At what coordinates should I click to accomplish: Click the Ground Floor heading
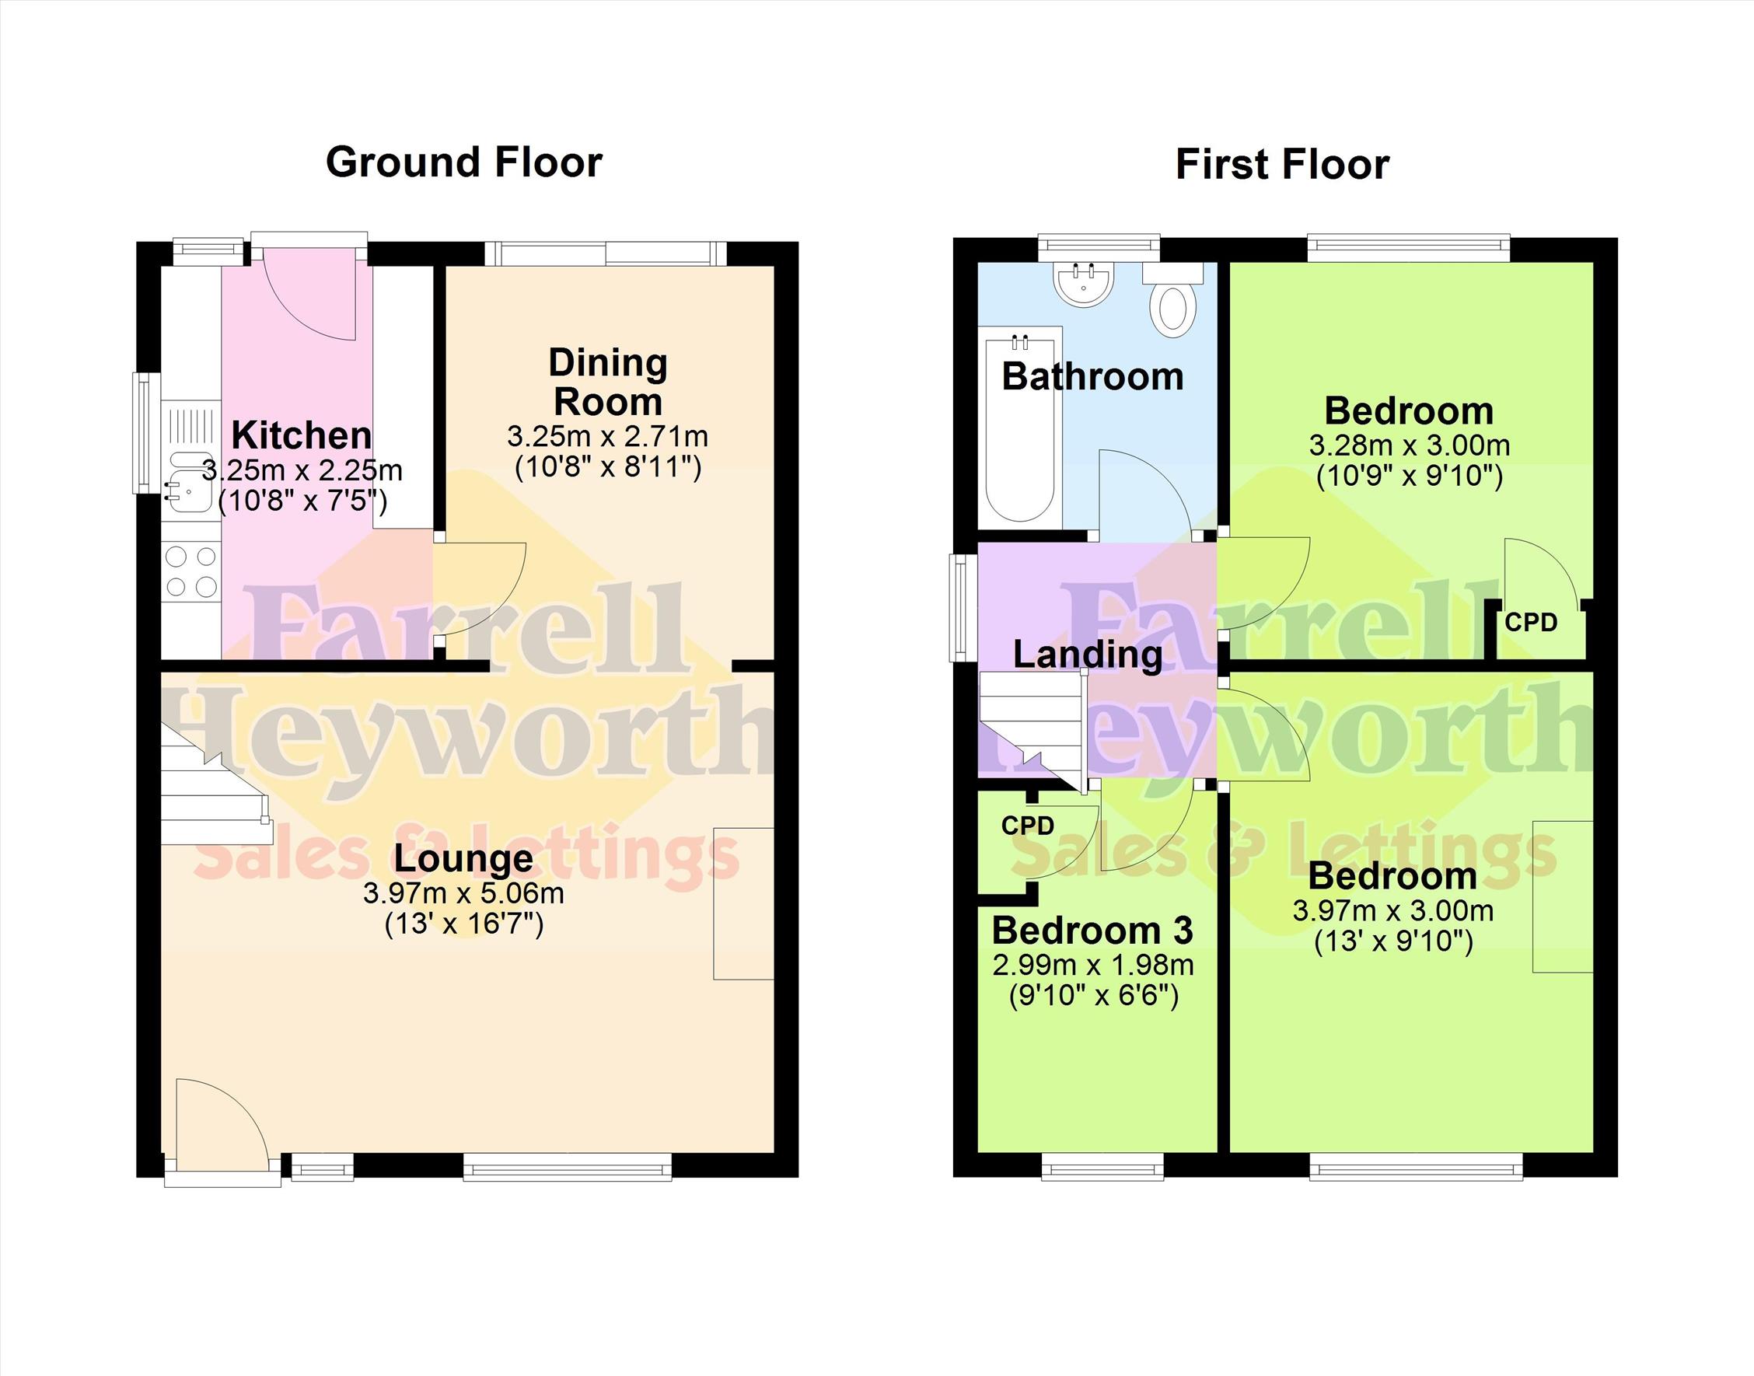pos(463,162)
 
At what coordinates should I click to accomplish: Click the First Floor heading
pos(1282,164)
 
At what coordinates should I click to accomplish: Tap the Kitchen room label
pos(302,435)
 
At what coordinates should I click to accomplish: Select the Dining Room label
pos(608,382)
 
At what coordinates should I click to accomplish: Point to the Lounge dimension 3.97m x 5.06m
pos(463,892)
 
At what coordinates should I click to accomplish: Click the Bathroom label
pos(1092,377)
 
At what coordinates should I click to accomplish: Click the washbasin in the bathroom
pos(1084,285)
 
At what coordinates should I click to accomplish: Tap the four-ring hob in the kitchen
pos(191,573)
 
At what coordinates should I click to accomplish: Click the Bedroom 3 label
pos(1092,931)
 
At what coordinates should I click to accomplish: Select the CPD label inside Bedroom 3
pos(1027,826)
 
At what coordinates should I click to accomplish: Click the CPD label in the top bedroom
pos(1531,623)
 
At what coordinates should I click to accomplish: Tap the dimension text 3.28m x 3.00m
pos(1409,445)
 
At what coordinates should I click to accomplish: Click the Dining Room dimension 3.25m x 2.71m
pos(607,437)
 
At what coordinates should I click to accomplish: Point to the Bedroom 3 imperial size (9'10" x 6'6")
pos(1093,997)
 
